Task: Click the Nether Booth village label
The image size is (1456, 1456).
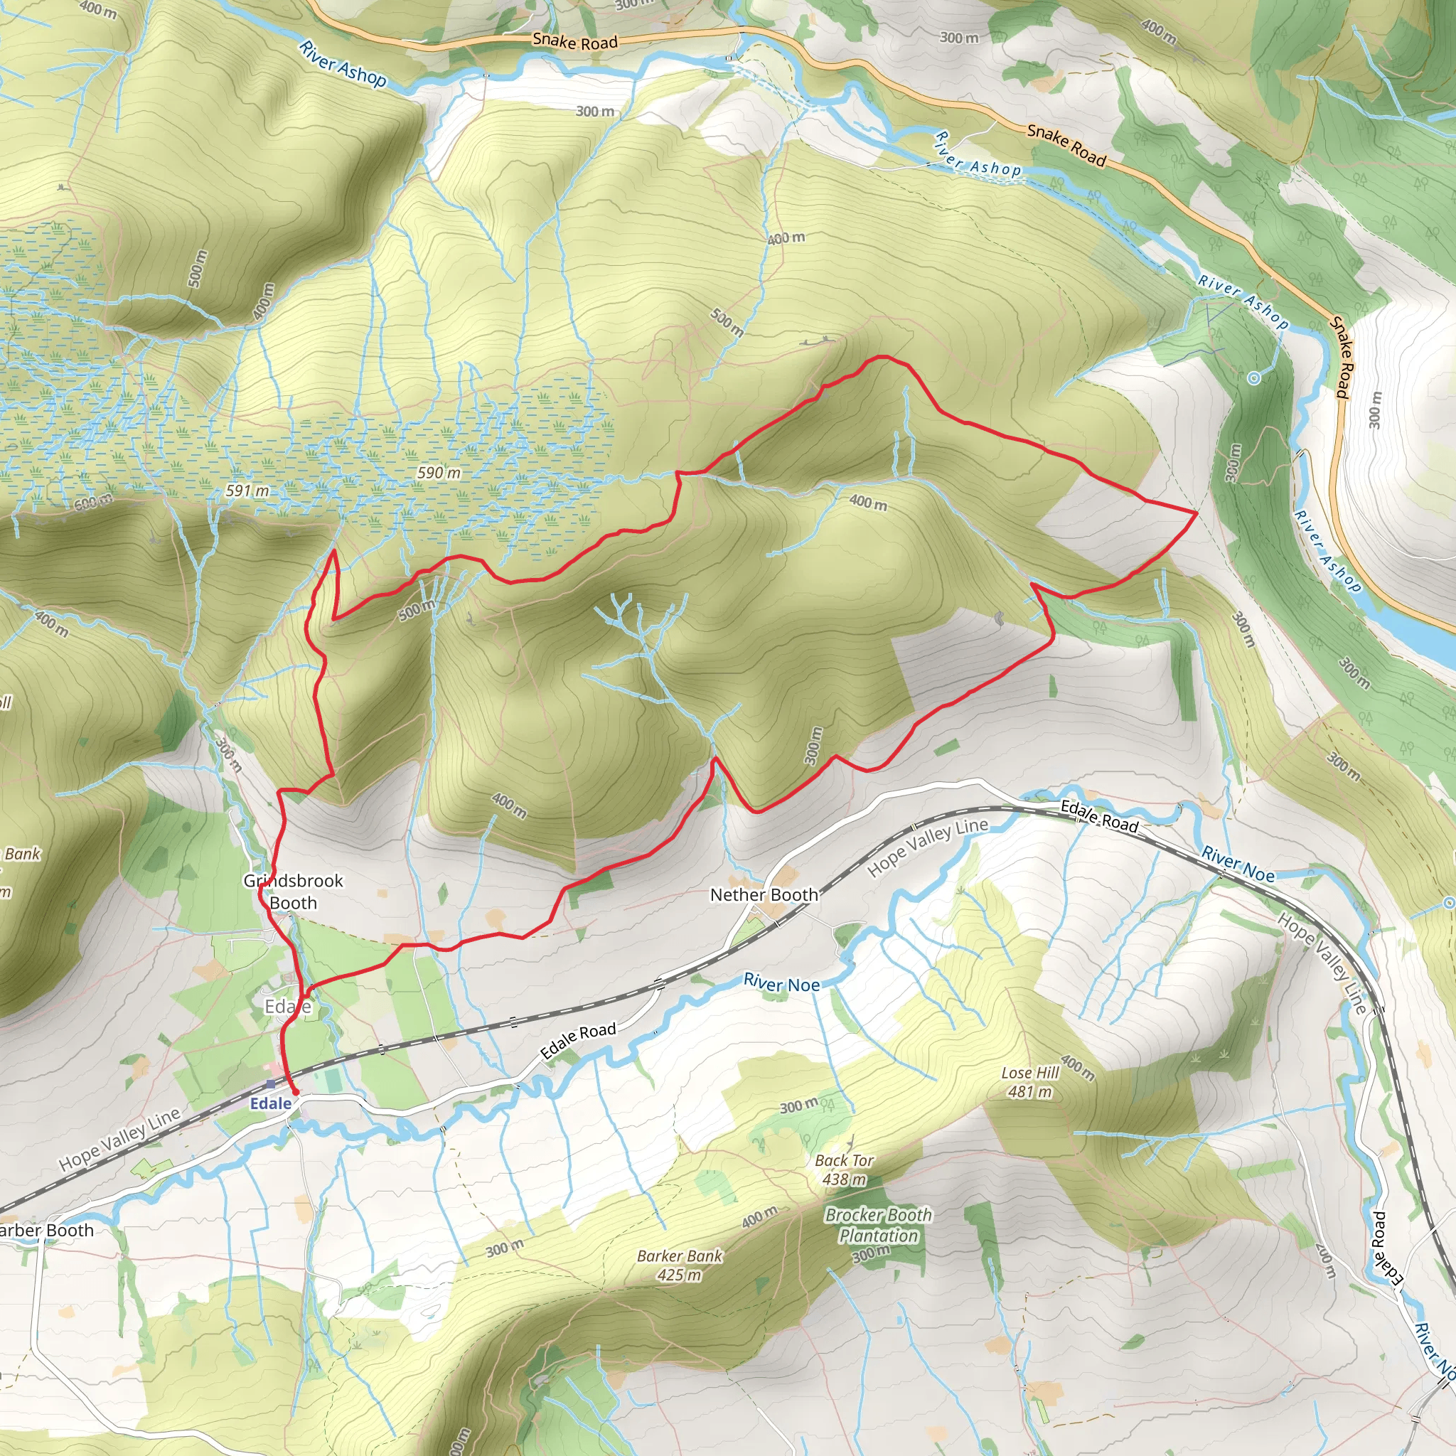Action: (764, 894)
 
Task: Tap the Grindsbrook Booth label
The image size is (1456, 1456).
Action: (292, 891)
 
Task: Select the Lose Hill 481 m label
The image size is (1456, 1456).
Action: (1030, 1081)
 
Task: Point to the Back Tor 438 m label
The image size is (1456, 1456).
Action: (844, 1169)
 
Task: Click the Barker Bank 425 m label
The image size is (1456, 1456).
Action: (679, 1265)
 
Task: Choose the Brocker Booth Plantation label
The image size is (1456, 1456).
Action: (878, 1225)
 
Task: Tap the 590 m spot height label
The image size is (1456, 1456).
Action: (439, 473)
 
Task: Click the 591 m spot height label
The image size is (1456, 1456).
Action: (247, 491)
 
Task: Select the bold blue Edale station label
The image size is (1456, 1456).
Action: (271, 1103)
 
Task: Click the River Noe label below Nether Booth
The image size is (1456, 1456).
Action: (781, 983)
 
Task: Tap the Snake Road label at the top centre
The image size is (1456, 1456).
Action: (575, 41)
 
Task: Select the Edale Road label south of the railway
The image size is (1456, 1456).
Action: (578, 1041)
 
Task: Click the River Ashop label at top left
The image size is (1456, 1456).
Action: (343, 64)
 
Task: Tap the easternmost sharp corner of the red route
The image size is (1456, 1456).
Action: (1197, 512)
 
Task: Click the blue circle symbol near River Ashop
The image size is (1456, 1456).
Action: (1253, 378)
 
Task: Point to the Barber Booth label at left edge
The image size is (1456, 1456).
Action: (47, 1230)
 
